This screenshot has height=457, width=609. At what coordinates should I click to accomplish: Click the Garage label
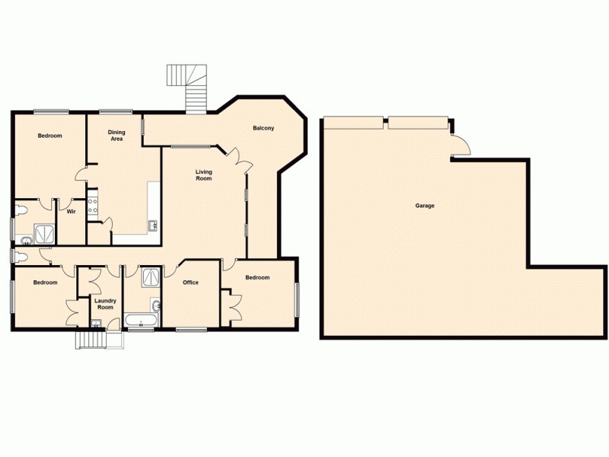(x=425, y=206)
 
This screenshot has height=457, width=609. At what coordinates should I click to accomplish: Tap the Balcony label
(x=263, y=128)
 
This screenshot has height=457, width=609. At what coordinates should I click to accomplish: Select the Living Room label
(x=203, y=175)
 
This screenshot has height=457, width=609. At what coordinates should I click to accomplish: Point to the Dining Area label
(x=117, y=136)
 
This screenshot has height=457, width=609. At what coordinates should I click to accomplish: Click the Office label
(x=190, y=283)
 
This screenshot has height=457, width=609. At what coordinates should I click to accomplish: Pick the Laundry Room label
(x=104, y=304)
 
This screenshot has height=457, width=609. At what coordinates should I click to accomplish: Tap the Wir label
(x=71, y=212)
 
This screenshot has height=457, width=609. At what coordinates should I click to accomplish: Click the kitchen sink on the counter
(x=153, y=225)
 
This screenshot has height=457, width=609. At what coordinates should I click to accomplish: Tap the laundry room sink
(x=95, y=324)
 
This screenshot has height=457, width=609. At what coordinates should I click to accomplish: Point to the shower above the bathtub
(x=149, y=276)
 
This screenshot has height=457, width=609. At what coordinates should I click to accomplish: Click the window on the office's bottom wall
(x=190, y=330)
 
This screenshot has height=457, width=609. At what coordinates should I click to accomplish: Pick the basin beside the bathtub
(x=157, y=306)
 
